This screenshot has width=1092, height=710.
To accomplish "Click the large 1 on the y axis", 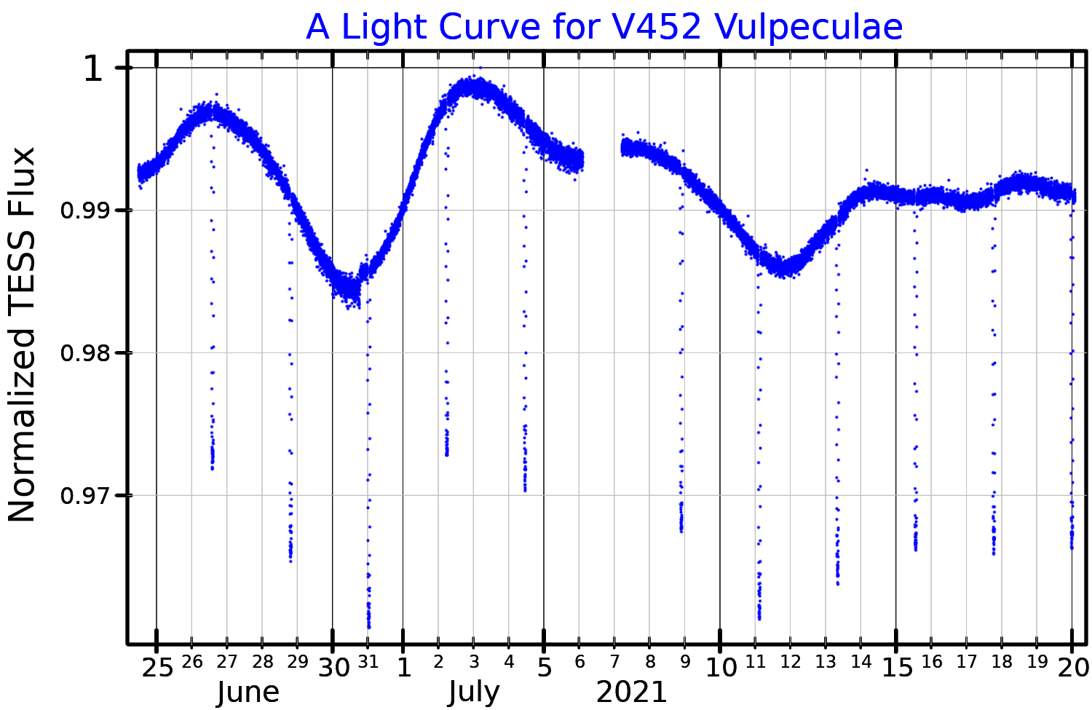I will (95, 70).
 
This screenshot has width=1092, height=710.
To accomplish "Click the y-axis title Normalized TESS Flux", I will (22, 335).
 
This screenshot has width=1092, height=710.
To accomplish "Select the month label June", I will (248, 693).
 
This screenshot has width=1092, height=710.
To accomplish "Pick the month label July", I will (474, 693).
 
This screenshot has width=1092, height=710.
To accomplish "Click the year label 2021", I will (632, 693).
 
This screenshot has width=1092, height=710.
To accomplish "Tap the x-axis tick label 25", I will (157, 667).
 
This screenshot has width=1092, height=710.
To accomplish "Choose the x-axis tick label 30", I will (333, 667).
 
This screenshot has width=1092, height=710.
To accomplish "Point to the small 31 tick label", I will (368, 662).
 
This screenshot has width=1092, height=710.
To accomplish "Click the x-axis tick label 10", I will (721, 667).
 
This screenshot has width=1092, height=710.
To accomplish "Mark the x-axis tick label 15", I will (898, 667).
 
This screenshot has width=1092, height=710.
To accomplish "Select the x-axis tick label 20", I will (1073, 667).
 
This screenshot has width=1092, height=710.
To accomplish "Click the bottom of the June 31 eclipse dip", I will (369, 625).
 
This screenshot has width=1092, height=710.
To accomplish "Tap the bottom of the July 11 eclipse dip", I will (759, 617).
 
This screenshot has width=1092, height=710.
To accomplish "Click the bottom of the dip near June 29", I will (290, 559).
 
